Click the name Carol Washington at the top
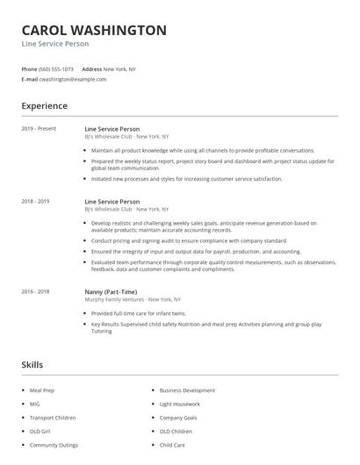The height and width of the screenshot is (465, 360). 94,30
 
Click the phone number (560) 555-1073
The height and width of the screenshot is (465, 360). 57,68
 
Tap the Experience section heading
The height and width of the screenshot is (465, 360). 44,106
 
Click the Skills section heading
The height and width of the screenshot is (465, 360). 32,364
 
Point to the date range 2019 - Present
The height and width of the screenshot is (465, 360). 39,129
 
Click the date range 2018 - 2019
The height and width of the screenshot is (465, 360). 35,201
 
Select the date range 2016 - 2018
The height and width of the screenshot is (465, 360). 35,290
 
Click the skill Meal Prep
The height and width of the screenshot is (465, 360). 42,390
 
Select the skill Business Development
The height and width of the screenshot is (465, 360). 187,390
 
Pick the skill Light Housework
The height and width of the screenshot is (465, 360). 179,404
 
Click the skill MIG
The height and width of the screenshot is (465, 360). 35,404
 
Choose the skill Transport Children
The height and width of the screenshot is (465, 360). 53,418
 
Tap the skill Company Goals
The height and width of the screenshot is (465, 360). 178,418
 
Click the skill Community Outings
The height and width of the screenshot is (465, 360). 54,446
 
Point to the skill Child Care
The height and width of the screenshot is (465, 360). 172,446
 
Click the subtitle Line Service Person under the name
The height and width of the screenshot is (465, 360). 55,44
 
